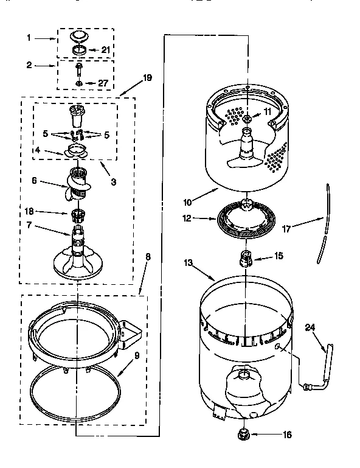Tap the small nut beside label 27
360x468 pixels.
[80, 83]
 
